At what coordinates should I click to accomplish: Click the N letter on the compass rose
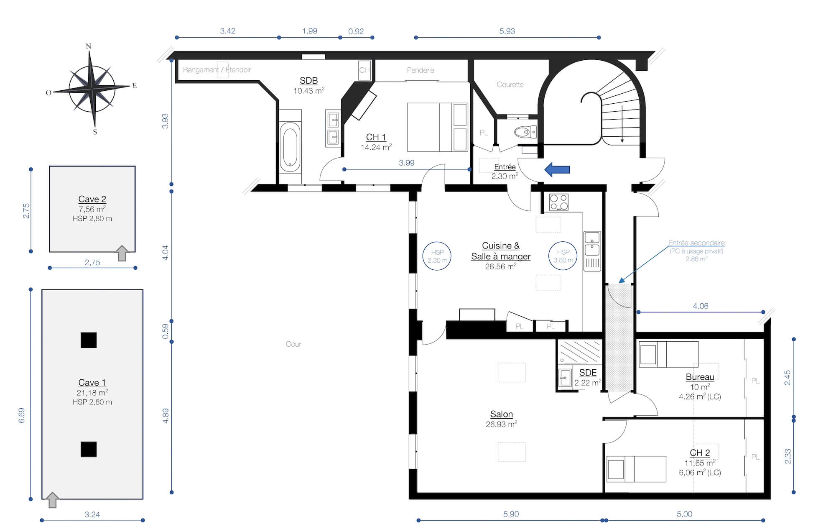coord(89,46)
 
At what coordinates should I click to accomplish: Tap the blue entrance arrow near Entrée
coord(557,169)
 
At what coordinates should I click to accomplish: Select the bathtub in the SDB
coord(290,147)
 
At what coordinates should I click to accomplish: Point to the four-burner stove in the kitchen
coord(559,202)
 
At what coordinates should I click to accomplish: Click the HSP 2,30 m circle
coord(437,256)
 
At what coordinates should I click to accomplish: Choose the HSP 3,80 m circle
coord(563,256)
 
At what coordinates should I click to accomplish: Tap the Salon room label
coord(502,414)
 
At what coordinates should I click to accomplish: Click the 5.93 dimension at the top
coord(507,31)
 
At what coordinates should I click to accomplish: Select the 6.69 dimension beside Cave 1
coord(22,415)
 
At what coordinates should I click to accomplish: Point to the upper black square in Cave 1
coord(89,340)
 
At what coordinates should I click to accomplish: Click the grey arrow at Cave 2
coord(122,253)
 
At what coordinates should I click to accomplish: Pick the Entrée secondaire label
coord(696,243)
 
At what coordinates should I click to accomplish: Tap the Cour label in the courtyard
coord(293,344)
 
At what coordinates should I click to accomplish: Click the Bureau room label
coord(700,377)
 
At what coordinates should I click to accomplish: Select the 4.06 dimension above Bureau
coord(701,306)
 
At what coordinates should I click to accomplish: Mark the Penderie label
coord(421,70)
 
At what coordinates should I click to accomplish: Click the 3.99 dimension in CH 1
coord(407,163)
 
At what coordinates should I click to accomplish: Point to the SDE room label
coord(588,373)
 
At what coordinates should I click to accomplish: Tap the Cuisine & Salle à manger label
coord(501,251)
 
